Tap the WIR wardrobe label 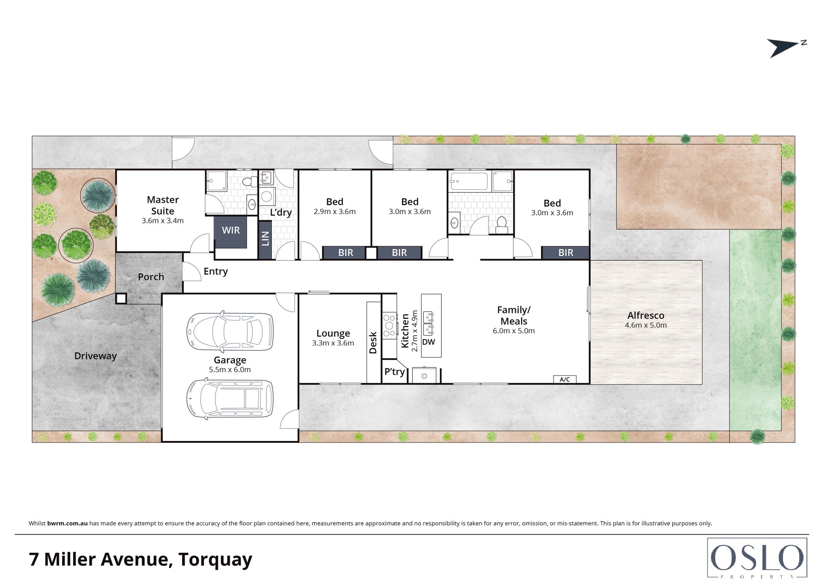tap(231, 230)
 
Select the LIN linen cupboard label tap(265, 239)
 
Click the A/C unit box tap(565, 379)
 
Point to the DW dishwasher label tap(428, 342)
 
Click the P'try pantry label tap(394, 371)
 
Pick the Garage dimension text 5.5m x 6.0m tap(230, 369)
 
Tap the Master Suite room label tap(163, 205)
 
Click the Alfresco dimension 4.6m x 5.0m tap(646, 325)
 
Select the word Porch tap(151, 277)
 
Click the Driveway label tap(95, 356)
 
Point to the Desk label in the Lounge tap(373, 342)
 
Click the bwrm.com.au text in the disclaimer tap(67, 523)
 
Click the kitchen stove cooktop tap(389, 325)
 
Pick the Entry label tap(215, 271)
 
